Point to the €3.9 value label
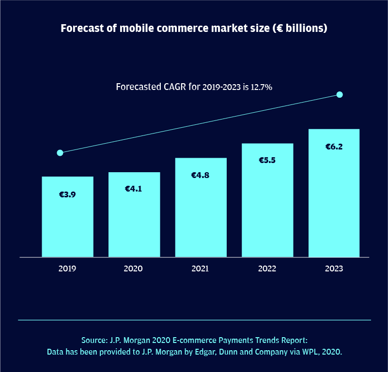(x=67, y=194)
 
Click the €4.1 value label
(x=134, y=189)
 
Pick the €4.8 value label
(x=201, y=175)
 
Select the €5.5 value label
(x=267, y=160)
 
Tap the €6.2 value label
(x=334, y=146)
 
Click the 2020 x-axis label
(x=134, y=268)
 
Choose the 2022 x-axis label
(x=267, y=268)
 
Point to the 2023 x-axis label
(x=334, y=268)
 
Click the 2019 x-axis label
(x=67, y=268)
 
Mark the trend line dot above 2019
(x=60, y=153)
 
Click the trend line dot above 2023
(x=340, y=94)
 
